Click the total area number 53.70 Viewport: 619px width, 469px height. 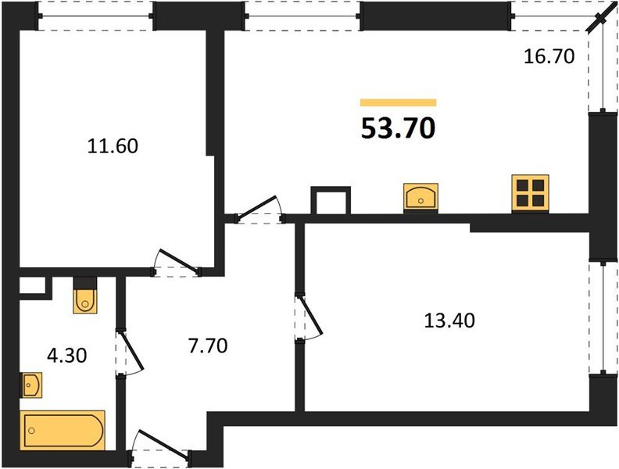point(398,127)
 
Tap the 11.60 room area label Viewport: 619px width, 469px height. point(113,145)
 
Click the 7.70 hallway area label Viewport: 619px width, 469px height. point(206,344)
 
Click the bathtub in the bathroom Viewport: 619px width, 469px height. point(63,429)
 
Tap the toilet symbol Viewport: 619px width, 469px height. point(84,296)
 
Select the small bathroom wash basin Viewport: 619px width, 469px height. point(31,385)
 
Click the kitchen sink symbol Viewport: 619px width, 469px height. point(420,197)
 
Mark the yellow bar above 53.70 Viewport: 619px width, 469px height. point(398,102)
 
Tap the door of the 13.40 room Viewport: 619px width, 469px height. point(309,316)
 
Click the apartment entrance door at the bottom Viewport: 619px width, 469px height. point(159,445)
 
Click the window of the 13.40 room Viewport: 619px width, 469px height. point(603,317)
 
